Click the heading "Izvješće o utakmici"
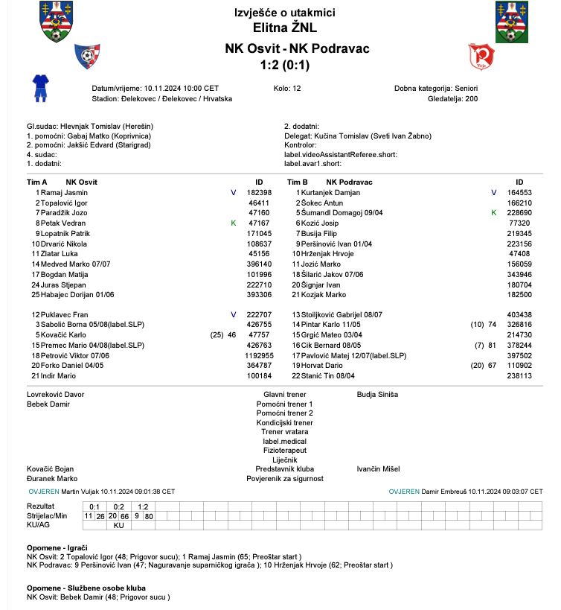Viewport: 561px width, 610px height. [x=285, y=13]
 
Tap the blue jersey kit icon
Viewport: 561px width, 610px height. [x=40, y=86]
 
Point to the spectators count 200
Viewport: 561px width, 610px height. [x=471, y=98]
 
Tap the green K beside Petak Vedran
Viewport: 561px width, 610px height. [x=233, y=223]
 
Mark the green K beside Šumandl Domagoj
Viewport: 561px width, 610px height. [x=493, y=213]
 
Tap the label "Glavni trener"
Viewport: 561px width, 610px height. [x=284, y=394]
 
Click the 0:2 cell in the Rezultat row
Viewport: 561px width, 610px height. [x=118, y=506]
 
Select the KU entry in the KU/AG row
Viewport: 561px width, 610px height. [x=118, y=525]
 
